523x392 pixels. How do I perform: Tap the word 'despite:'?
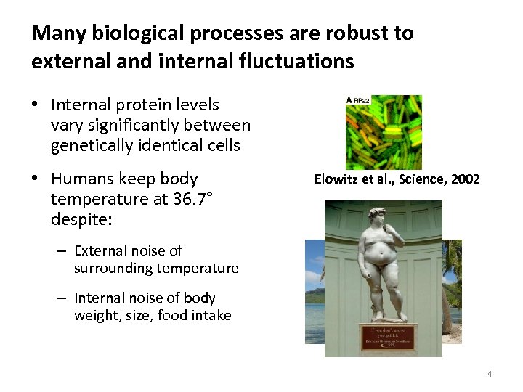point(79,218)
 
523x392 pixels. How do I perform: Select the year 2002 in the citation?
point(465,179)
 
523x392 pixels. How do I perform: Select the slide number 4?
point(489,374)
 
